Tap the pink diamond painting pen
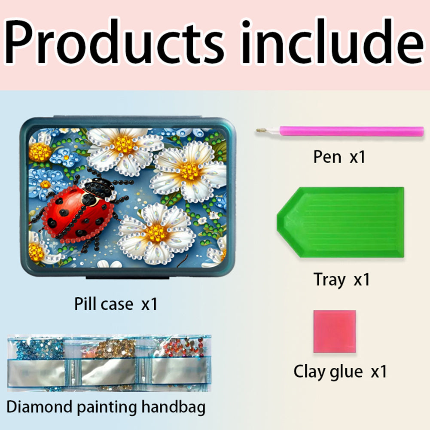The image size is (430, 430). (x=340, y=131)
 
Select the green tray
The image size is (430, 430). (x=340, y=223)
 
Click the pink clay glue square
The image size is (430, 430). (x=335, y=331)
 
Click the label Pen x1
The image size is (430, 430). (x=339, y=157)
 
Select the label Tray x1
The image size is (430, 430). (x=342, y=280)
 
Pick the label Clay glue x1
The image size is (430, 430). (x=340, y=372)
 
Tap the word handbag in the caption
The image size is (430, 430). (x=173, y=407)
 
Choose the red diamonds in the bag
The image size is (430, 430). (x=184, y=348)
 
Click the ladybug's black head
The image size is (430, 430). (x=99, y=188)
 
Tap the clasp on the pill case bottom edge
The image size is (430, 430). (x=128, y=277)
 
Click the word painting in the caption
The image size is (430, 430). (x=107, y=408)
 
